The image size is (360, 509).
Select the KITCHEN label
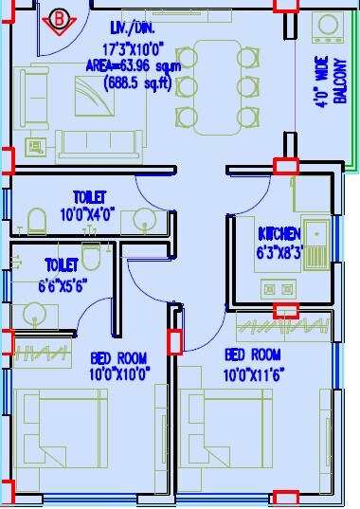[279, 233]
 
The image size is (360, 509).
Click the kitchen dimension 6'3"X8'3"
[279, 252]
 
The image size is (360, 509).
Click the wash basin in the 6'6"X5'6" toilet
[34, 315]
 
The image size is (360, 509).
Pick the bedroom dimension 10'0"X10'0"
[119, 373]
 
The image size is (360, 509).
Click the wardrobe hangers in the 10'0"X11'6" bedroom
[284, 328]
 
